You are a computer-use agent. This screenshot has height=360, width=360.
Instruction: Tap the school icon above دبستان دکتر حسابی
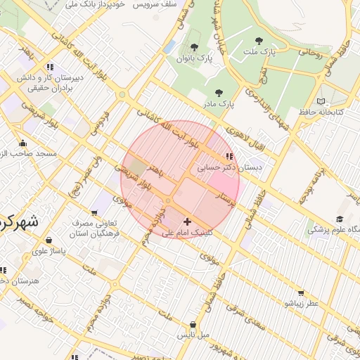[228, 156]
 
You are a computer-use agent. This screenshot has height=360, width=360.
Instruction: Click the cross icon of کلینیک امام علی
[187, 221]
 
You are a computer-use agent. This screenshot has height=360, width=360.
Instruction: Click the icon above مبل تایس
[193, 325]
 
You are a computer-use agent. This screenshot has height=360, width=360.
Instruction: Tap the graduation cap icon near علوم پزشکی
[340, 219]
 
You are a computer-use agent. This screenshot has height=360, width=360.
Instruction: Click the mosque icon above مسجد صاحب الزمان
[22, 143]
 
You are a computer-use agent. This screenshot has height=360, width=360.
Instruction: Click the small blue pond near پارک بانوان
[169, 46]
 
